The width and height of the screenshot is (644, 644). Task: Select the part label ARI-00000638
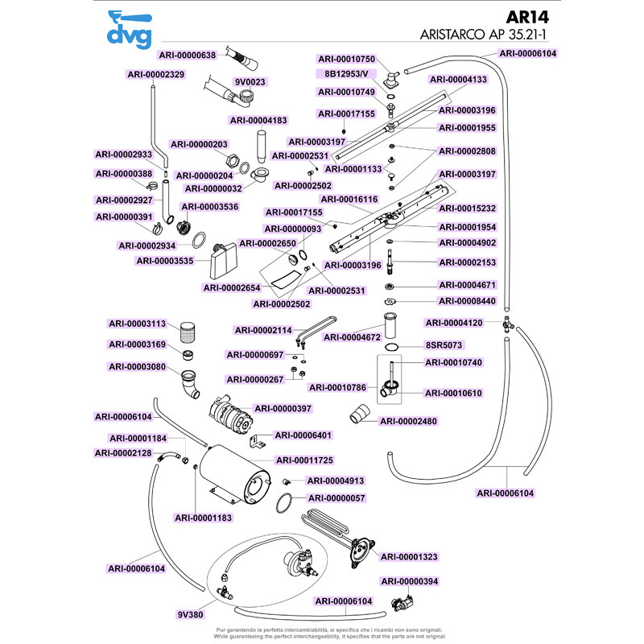point(188,55)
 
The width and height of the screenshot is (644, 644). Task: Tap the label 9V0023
point(250,82)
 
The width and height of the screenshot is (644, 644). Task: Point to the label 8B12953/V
point(346,74)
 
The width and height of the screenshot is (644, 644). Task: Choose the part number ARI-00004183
point(258,120)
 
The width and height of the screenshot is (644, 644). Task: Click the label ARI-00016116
point(349,199)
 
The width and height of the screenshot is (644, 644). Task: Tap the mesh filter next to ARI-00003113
point(189,330)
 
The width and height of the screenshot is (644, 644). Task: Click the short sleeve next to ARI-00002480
point(360,415)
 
